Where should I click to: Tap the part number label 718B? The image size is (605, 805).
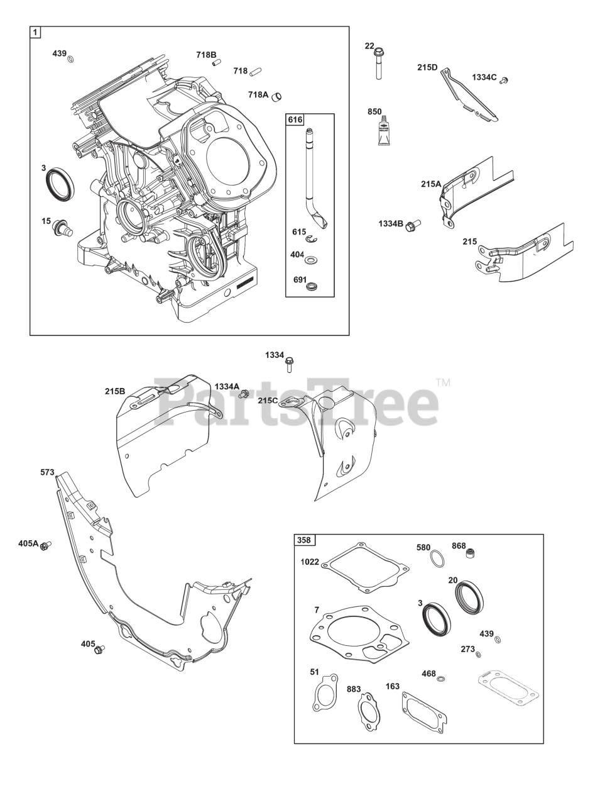pos(205,55)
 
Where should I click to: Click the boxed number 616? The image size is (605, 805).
pos(295,120)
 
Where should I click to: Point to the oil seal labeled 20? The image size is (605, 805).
pos(469,597)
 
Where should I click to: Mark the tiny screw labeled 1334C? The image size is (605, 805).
pos(503,80)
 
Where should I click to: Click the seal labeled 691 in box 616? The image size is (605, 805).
pos(311,286)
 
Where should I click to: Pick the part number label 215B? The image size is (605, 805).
pos(115,391)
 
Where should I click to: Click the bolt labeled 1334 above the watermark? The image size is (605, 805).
pos(290,363)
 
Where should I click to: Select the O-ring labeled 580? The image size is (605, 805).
pos(437,558)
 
